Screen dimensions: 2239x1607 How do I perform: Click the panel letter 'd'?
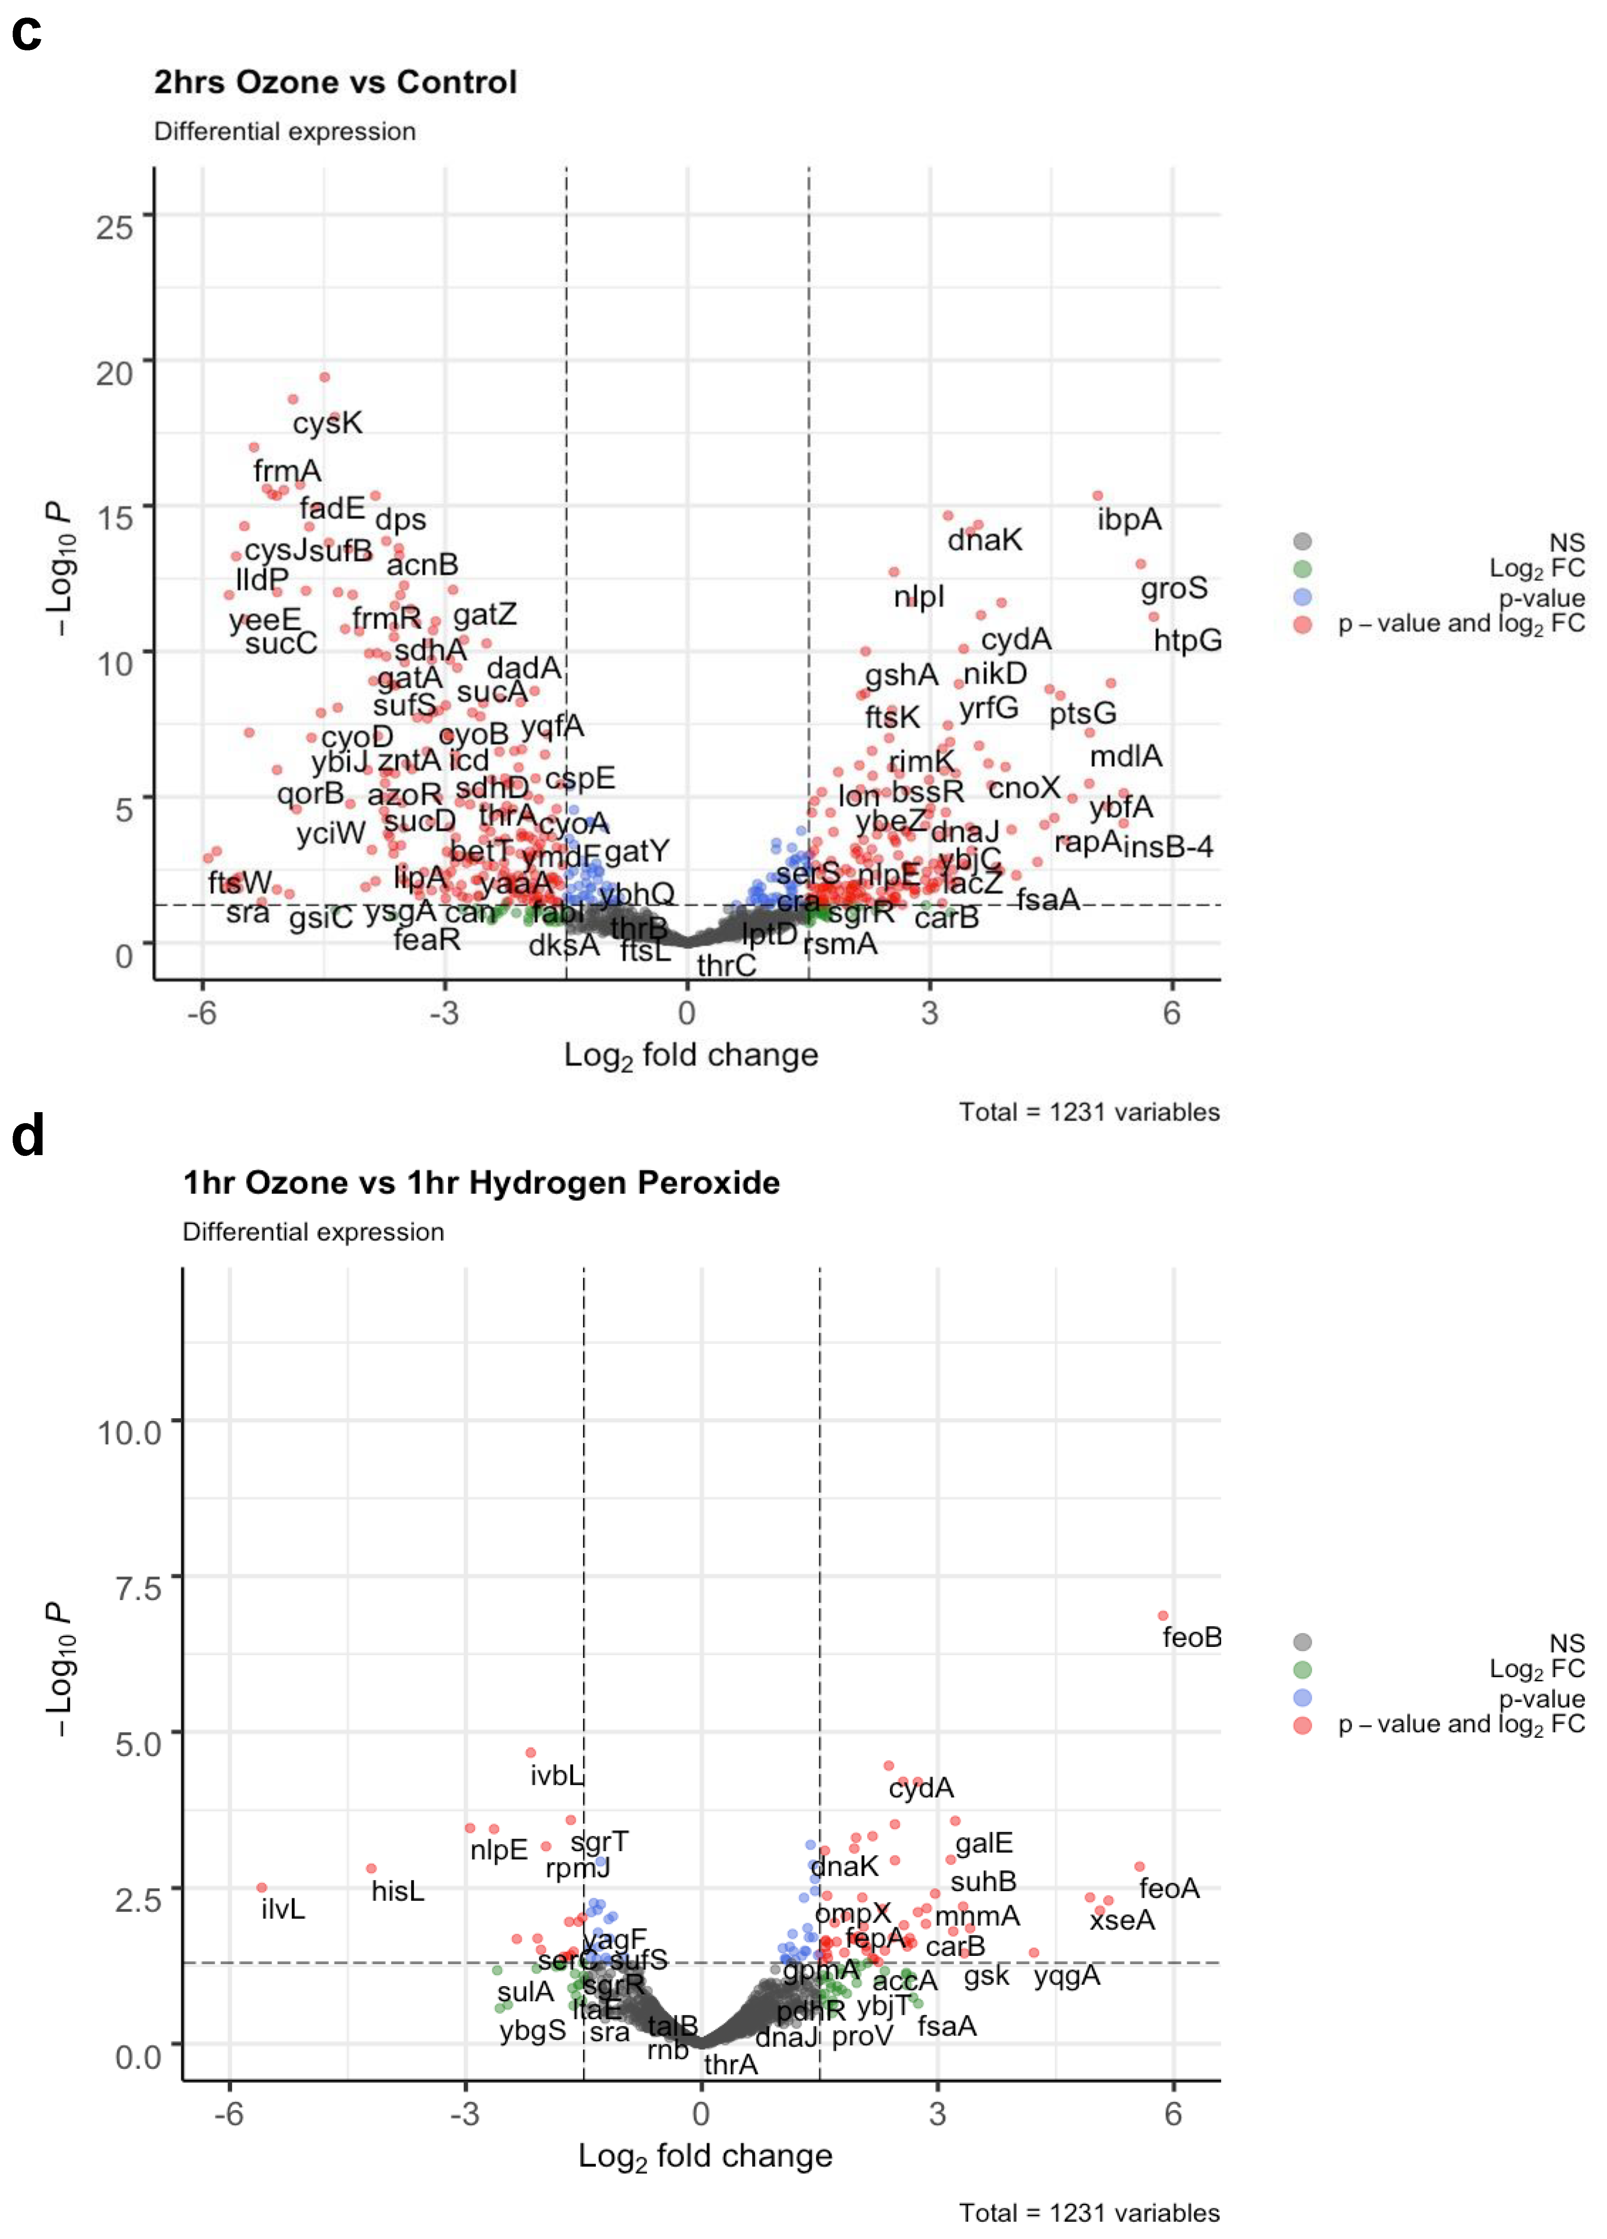point(28,1135)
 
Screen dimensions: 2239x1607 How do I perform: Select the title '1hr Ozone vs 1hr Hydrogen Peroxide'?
point(481,1183)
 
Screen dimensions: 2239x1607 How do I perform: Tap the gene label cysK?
point(327,423)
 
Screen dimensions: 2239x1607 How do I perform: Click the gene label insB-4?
point(1168,847)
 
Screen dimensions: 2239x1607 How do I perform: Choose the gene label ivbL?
point(557,1776)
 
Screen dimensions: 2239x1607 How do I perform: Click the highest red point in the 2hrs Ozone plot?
point(324,377)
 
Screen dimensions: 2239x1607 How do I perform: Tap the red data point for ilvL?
point(261,1888)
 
